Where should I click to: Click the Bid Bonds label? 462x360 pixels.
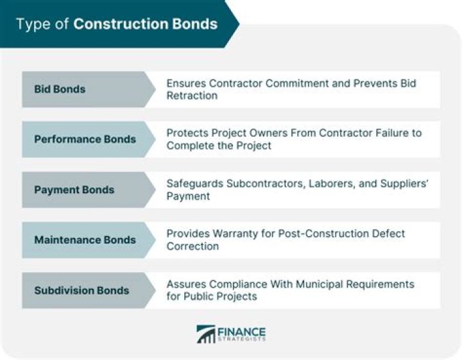coord(60,89)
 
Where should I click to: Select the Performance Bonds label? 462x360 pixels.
coord(85,139)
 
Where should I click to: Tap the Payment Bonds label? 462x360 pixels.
coord(74,190)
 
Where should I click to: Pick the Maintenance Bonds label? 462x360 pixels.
coord(85,240)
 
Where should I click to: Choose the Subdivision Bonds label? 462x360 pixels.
coord(81,290)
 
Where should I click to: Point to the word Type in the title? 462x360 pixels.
coord(30,24)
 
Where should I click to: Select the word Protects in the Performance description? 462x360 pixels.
coord(188,133)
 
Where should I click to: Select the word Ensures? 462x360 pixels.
coord(187,83)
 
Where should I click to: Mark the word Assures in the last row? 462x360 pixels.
coord(185,284)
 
